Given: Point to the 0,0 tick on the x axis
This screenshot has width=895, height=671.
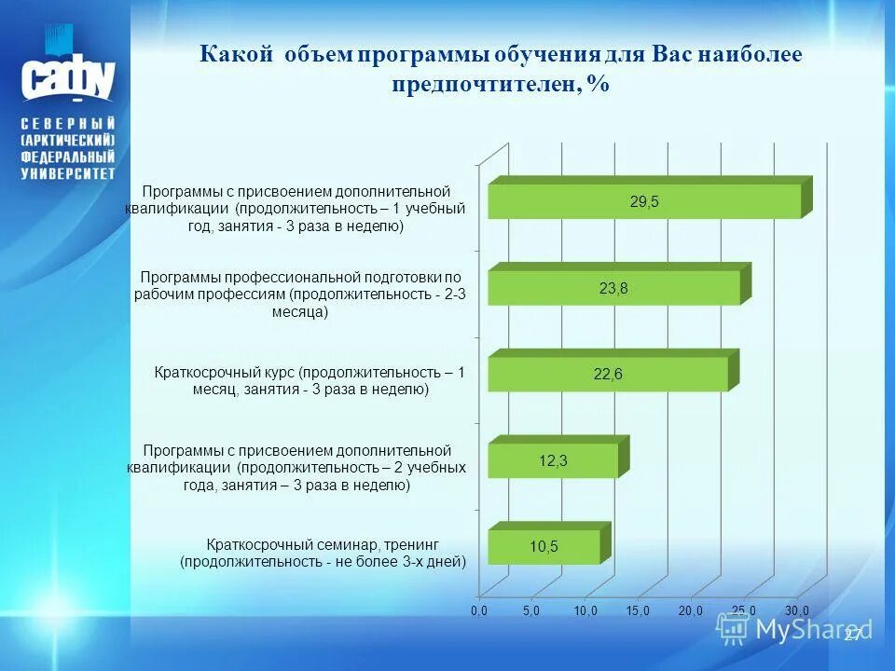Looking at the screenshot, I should [x=478, y=609].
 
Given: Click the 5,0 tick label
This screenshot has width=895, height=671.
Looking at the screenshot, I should [x=531, y=609].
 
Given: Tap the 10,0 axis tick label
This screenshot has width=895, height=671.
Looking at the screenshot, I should [x=585, y=609].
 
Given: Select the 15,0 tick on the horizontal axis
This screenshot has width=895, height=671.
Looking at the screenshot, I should [x=638, y=609].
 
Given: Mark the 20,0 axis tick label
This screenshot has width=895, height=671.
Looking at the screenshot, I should [x=691, y=609].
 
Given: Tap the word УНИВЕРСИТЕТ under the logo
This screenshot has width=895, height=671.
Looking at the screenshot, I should [x=68, y=173].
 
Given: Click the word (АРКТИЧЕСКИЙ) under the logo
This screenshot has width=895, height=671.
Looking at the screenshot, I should [x=68, y=140].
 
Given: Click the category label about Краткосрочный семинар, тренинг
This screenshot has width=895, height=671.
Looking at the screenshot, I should [x=323, y=552].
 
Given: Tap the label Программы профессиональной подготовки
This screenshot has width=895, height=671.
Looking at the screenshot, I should [x=300, y=294].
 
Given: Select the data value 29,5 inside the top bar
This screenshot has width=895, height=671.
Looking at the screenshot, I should [x=644, y=201].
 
